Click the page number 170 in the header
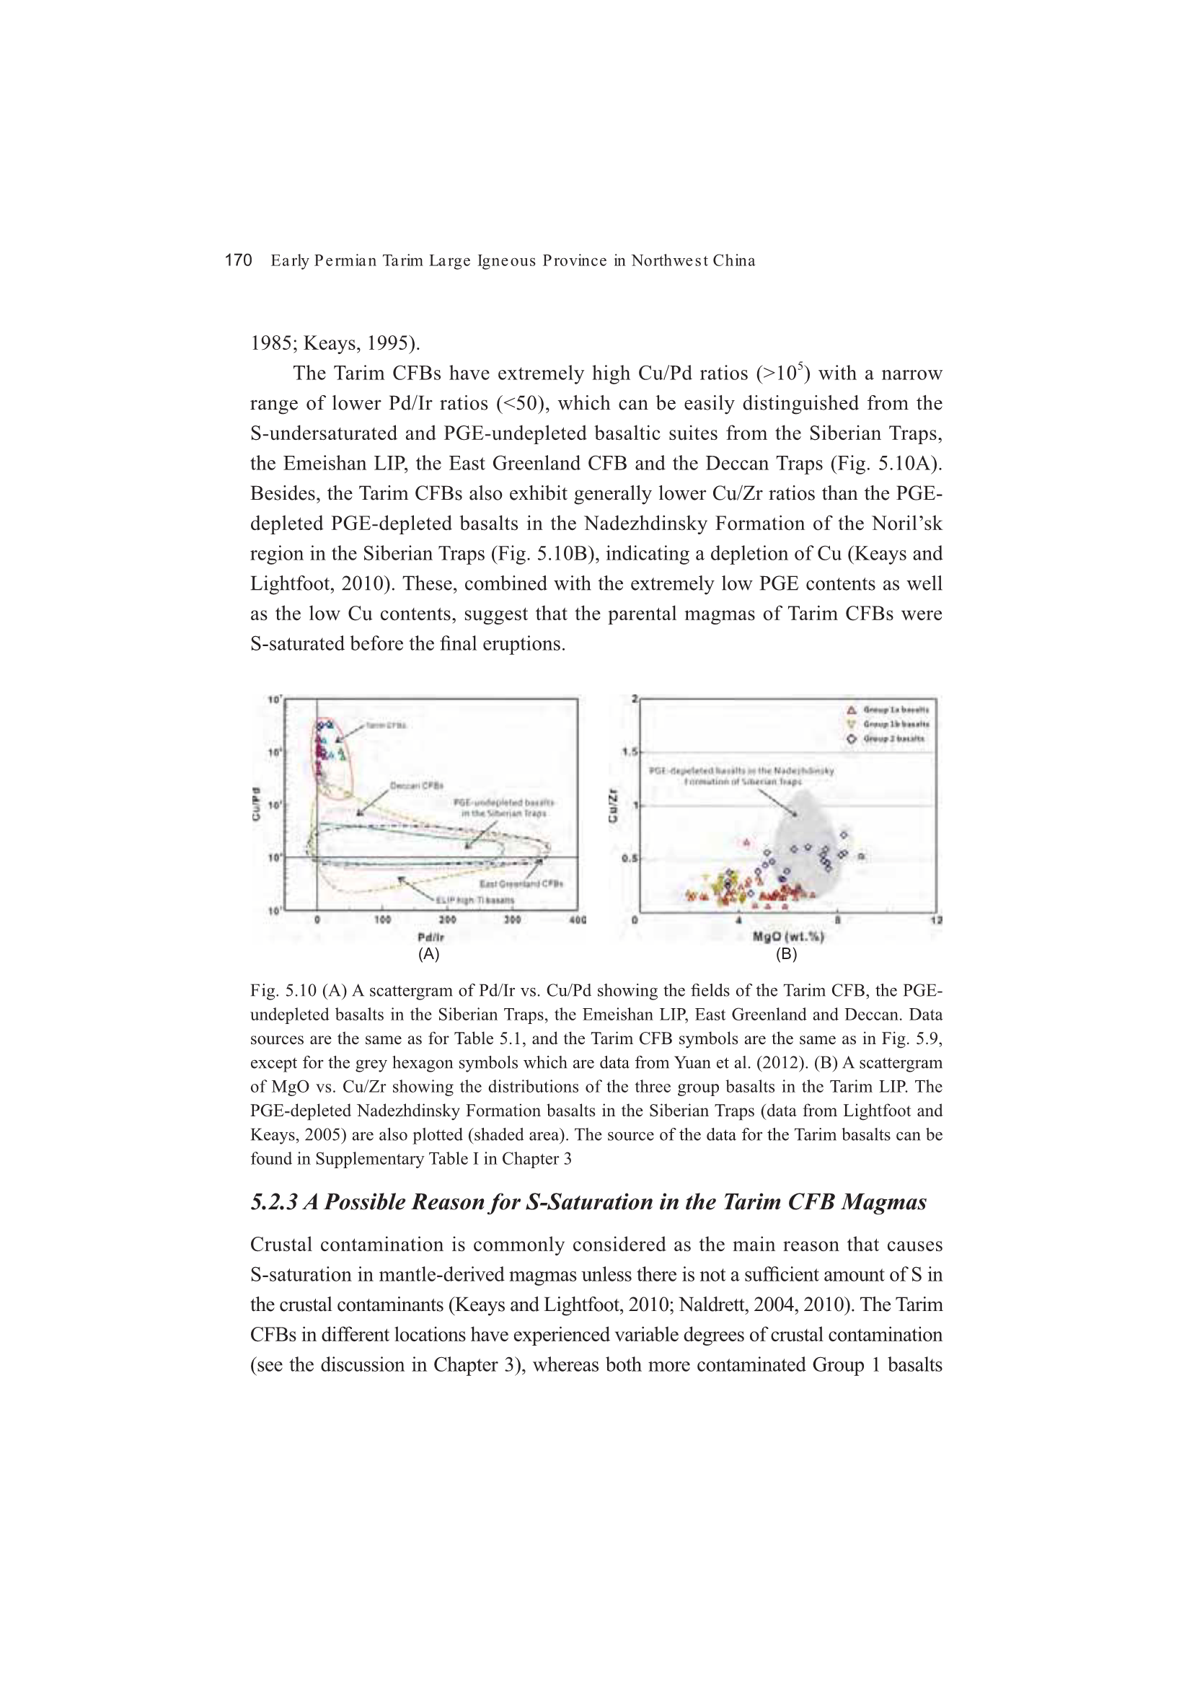click(x=238, y=260)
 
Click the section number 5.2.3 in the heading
click(x=274, y=1202)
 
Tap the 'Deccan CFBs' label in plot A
click(x=416, y=786)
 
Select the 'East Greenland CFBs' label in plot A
click(x=521, y=883)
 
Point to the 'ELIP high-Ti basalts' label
click(x=475, y=899)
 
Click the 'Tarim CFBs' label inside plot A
click(x=386, y=725)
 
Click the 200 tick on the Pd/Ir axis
click(x=447, y=920)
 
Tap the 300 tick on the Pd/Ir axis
click(x=512, y=920)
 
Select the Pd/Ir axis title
click(x=431, y=937)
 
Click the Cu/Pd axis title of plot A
click(x=256, y=804)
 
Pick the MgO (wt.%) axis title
click(x=788, y=936)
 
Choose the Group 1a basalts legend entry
click(x=888, y=710)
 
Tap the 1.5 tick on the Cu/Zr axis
click(x=630, y=752)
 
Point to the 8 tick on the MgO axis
click(x=837, y=920)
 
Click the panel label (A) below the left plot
click(x=429, y=954)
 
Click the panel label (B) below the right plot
click(x=787, y=954)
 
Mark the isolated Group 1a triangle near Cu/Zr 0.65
click(x=747, y=842)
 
